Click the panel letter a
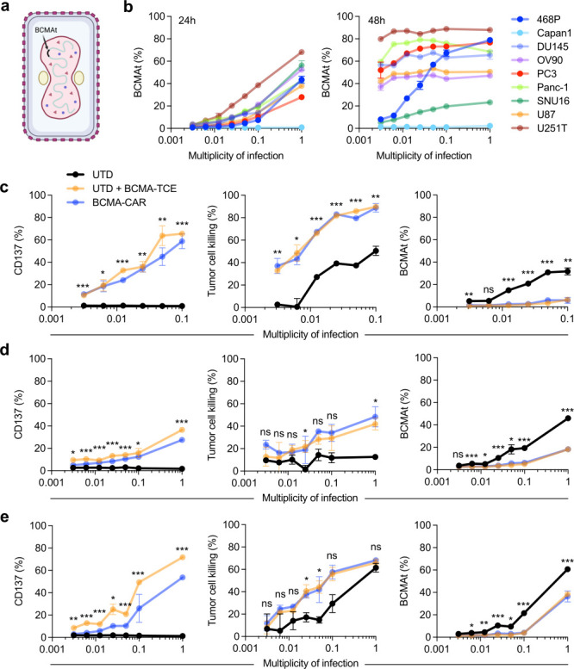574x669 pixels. [x=7, y=8]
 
